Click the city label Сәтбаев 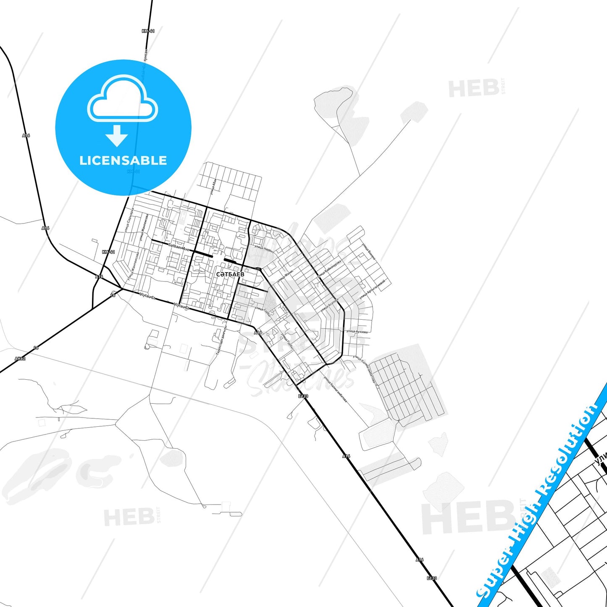point(230,274)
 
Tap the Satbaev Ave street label point(179,247)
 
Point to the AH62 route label point(20,359)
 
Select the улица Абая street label point(214,187)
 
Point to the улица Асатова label point(329,305)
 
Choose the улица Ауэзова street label point(357,331)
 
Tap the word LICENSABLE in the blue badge point(123,160)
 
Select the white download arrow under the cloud point(117,135)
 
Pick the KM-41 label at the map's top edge point(148,31)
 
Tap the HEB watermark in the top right point(474,89)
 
